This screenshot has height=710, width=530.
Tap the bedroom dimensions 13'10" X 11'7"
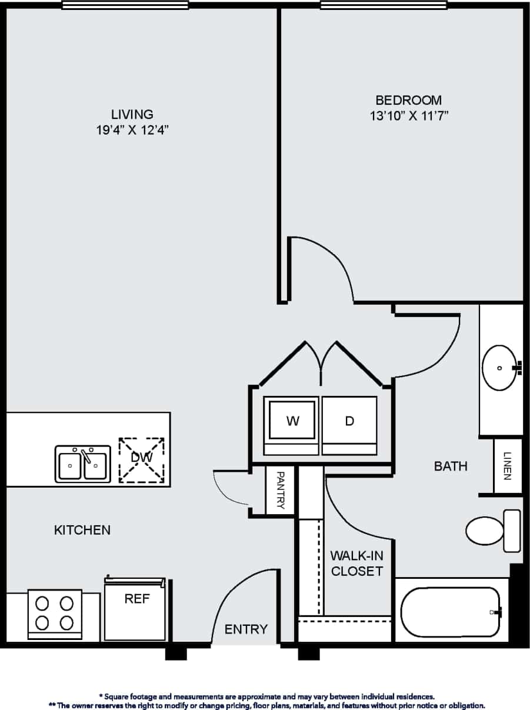pyautogui.click(x=406, y=116)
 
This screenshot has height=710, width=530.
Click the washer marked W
pyautogui.click(x=292, y=421)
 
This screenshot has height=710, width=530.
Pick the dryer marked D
pyautogui.click(x=349, y=421)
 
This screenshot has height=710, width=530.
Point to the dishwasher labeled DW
pyautogui.click(x=141, y=460)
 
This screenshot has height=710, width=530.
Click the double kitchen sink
pyautogui.click(x=83, y=464)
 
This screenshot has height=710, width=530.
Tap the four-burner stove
pyautogui.click(x=55, y=613)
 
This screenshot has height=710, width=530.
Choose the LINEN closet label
pyautogui.click(x=508, y=466)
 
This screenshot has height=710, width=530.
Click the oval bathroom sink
pyautogui.click(x=500, y=368)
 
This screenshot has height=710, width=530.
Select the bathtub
pyautogui.click(x=451, y=612)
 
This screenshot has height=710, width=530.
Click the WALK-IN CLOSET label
pyautogui.click(x=356, y=563)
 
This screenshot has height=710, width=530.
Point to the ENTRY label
pyautogui.click(x=246, y=629)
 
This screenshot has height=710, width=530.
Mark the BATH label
pyautogui.click(x=451, y=466)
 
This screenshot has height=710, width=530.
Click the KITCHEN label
pyautogui.click(x=82, y=530)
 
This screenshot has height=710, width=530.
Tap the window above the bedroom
pyautogui.click(x=383, y=5)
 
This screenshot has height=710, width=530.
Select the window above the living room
pyautogui.click(x=125, y=5)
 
